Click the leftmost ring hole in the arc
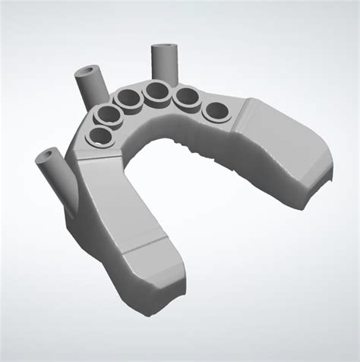pos(99,137)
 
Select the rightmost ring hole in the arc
pos(216,112)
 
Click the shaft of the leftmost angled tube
pos(62,183)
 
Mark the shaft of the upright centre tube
pos(164,66)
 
